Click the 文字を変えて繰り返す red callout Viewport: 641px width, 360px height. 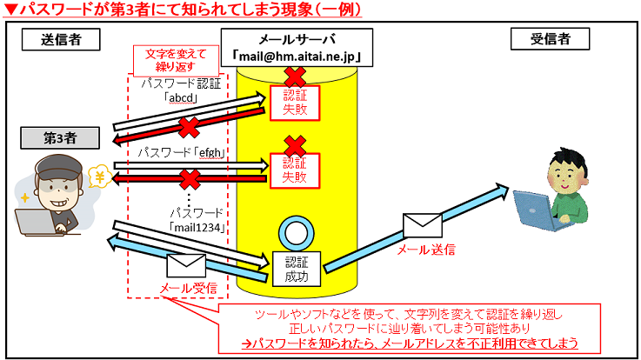tap(181, 60)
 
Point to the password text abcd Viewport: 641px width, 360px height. tap(184, 98)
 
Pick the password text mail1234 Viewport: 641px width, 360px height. tap(197, 228)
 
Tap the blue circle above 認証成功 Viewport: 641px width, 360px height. tap(296, 232)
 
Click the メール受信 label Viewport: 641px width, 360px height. tap(188, 288)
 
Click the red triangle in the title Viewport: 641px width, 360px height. tap(9, 10)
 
